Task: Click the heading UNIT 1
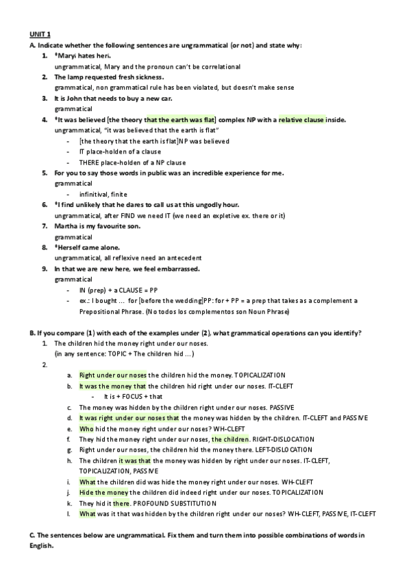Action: pyautogui.click(x=39, y=34)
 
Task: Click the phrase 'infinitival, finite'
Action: pyautogui.click(x=103, y=194)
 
